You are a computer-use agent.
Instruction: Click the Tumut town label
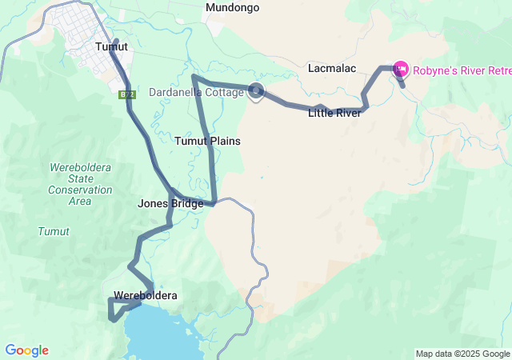[111, 46]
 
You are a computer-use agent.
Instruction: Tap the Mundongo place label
[232, 8]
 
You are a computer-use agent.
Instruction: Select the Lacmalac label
[331, 69]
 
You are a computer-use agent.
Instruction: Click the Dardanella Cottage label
[196, 92]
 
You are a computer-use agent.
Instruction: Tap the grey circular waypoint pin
[256, 91]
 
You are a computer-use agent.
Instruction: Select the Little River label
[334, 113]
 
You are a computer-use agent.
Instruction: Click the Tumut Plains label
[208, 141]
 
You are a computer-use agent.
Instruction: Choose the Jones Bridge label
[170, 203]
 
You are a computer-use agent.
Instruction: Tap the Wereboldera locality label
[145, 296]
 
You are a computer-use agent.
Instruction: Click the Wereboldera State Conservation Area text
[80, 184]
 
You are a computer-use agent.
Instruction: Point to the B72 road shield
[126, 94]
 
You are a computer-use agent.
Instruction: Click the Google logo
[26, 350]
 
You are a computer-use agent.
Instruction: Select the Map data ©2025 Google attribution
[462, 354]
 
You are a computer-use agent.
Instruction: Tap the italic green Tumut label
[54, 231]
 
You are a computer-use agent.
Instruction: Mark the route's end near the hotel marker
[402, 85]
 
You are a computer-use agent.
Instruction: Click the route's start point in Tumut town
[116, 40]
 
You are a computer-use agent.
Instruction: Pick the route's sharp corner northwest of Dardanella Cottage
[194, 78]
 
